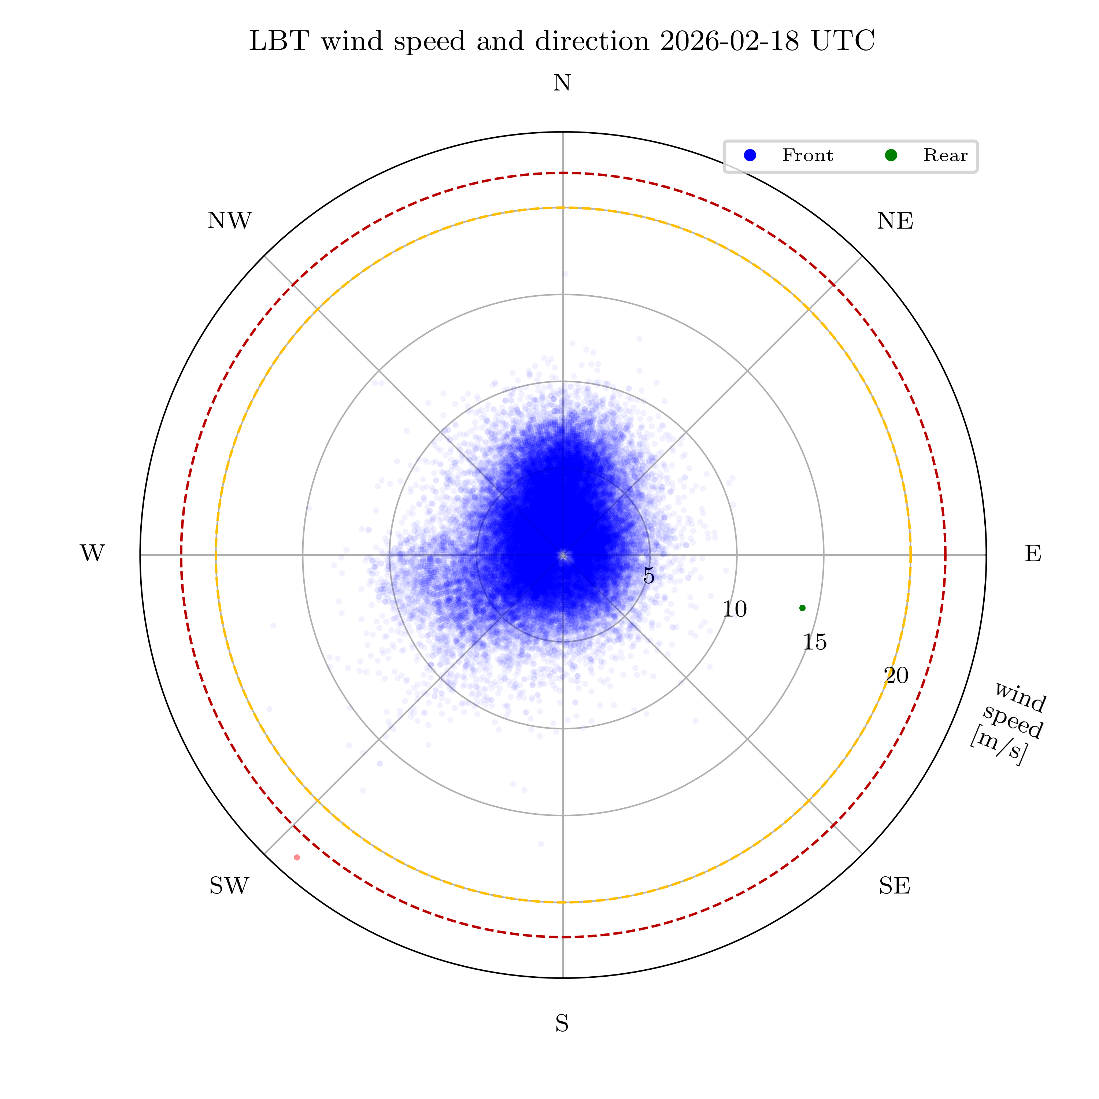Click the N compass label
point(562,84)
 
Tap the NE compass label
point(895,221)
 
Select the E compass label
point(1033,554)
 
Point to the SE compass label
point(894,886)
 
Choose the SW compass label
point(229,886)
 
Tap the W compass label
point(92,554)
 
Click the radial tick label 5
point(648,576)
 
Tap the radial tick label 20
point(896,676)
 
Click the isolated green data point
point(802,608)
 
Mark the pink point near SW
point(297,857)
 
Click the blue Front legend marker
point(750,155)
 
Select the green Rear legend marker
point(891,155)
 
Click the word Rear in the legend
point(945,155)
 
